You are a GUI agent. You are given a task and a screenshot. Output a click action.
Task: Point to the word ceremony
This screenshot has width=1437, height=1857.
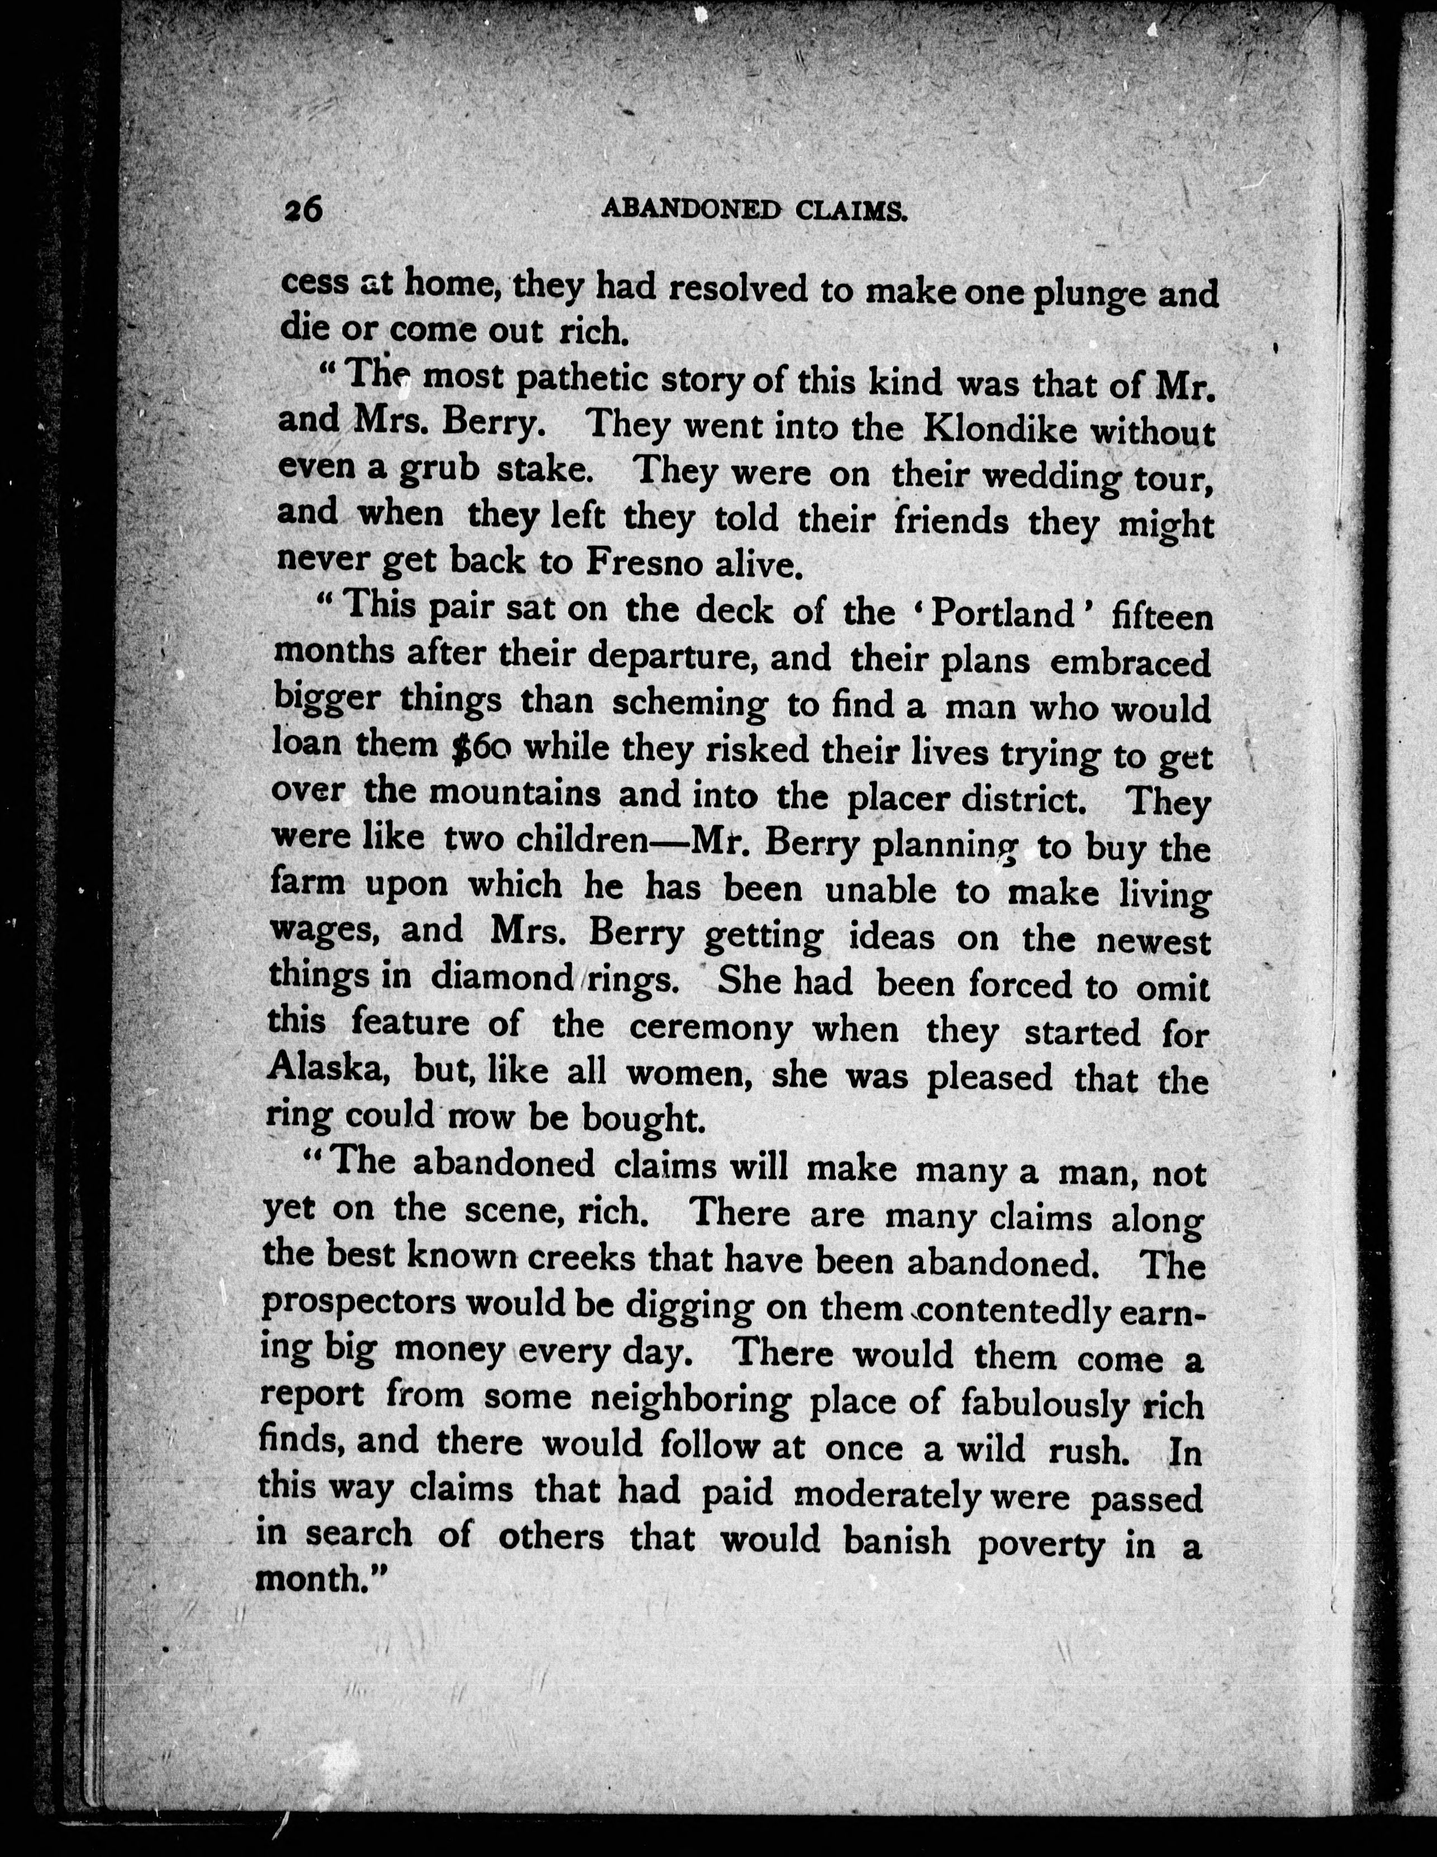[x=710, y=1027]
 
